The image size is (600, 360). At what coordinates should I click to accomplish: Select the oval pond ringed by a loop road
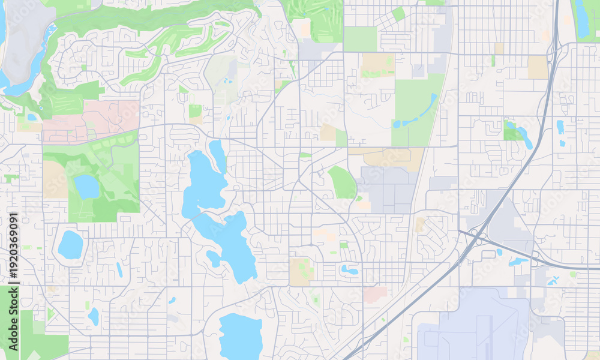70,245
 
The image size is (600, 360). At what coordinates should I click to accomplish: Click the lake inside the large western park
86,187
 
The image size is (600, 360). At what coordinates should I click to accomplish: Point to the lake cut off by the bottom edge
241,336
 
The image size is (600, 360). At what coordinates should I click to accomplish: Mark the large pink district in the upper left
90,120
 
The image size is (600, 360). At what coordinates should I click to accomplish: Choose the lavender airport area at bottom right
474,327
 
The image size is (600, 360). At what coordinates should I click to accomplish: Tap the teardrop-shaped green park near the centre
343,182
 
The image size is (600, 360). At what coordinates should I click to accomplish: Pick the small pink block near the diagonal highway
376,295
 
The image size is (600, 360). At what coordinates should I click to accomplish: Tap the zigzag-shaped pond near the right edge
553,280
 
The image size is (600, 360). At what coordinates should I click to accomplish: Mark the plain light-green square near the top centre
360,39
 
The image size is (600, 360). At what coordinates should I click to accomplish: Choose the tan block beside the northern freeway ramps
538,67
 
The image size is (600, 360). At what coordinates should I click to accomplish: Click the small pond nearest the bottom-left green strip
93,316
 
